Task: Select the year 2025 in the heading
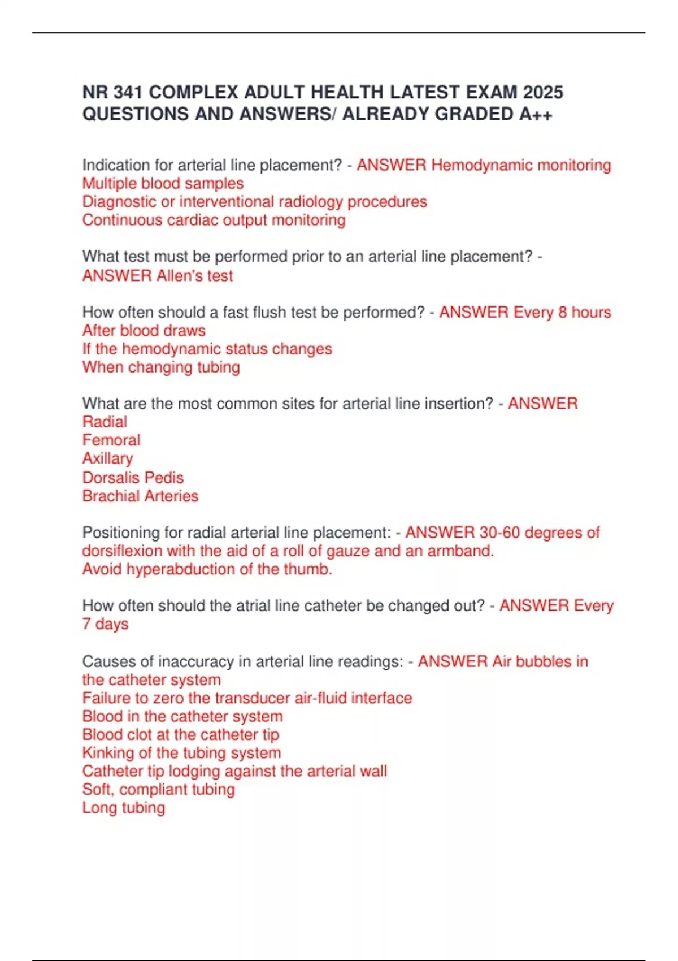[543, 92]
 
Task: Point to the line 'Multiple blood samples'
[163, 184]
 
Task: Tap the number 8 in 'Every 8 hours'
[562, 313]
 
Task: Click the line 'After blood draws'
[144, 331]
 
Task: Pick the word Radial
[105, 422]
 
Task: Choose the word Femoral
[111, 440]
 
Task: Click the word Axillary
[107, 458]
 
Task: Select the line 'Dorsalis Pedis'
[133, 478]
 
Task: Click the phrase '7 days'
[105, 624]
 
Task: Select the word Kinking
[108, 753]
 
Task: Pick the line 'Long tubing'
[123, 808]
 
